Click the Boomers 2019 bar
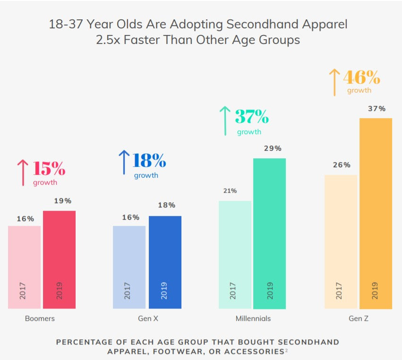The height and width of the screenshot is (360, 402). coord(59,259)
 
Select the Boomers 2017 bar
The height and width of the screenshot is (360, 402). coord(24,267)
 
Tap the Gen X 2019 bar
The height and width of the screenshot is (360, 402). coord(165,262)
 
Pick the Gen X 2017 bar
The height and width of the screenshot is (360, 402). coord(129,267)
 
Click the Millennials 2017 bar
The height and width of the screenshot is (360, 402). coord(235,255)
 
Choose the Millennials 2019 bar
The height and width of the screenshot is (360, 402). coord(270,233)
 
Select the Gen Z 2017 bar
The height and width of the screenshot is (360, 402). coord(341,241)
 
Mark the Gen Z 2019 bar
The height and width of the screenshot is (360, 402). coord(376,213)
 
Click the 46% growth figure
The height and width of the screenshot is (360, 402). coord(361,77)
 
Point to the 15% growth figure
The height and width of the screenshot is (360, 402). coord(49,168)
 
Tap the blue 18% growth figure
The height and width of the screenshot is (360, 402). coord(149,161)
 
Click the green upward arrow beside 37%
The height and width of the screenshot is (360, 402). coord(225,120)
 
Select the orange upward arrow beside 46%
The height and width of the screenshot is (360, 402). coord(334,82)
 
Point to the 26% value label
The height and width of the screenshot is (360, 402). coord(342,165)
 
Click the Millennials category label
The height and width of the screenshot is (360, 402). coord(253,318)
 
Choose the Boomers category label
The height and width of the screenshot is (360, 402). coord(40,318)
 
